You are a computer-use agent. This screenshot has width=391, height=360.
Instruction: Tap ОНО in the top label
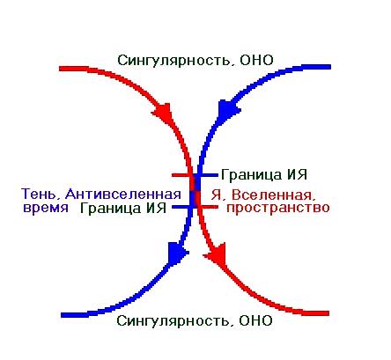(x=256, y=60)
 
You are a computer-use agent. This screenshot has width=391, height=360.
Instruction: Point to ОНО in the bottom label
(x=256, y=320)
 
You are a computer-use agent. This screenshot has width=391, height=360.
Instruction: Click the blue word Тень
(x=41, y=195)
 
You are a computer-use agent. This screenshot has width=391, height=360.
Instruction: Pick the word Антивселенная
(x=123, y=195)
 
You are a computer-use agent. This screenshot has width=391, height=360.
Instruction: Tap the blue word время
(x=46, y=208)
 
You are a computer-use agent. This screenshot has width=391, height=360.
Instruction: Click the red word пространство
(x=278, y=208)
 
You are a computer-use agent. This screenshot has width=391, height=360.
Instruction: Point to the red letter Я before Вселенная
(x=216, y=195)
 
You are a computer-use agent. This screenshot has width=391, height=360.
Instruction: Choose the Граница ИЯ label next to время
(x=123, y=209)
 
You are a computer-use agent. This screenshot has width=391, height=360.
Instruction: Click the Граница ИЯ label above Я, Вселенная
(x=264, y=175)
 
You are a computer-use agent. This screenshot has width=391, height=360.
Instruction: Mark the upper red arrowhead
(x=162, y=113)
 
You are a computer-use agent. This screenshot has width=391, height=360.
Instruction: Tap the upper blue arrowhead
(x=228, y=110)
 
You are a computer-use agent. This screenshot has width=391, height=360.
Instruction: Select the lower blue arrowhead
(x=177, y=252)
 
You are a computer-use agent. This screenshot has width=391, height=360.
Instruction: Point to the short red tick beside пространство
(x=209, y=207)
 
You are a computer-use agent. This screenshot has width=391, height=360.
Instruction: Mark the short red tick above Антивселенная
(x=181, y=175)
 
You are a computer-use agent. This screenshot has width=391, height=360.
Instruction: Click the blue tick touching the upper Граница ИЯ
(x=208, y=175)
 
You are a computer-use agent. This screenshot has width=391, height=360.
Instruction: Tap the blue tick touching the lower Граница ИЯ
(x=182, y=207)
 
